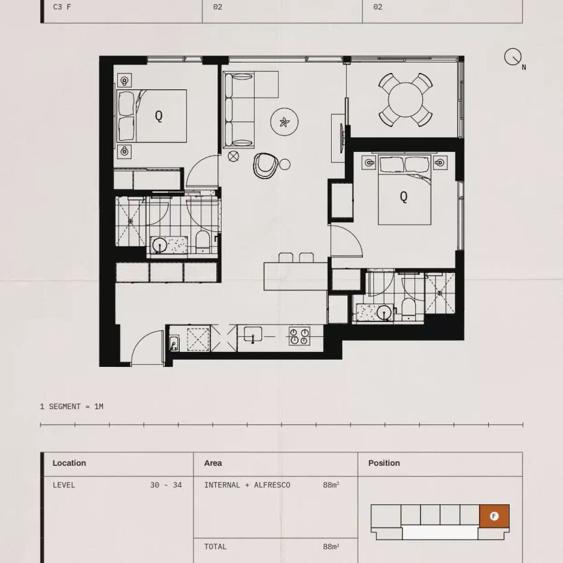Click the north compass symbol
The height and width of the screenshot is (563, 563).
(513, 57)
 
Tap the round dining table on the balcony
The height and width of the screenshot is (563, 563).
(405, 100)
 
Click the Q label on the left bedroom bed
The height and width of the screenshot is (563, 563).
(158, 116)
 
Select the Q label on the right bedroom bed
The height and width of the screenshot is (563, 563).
(403, 196)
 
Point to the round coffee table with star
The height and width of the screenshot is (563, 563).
(284, 121)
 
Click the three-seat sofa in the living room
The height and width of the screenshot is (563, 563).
(238, 109)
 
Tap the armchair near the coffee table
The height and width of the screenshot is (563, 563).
(265, 166)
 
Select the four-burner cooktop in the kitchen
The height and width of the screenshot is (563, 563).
(299, 336)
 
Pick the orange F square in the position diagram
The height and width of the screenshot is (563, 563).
(494, 516)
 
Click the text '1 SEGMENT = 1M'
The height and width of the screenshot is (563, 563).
(72, 407)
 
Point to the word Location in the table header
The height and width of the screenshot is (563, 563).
(69, 463)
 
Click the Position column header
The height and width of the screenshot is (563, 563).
(384, 463)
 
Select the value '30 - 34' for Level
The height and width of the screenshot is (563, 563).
(166, 485)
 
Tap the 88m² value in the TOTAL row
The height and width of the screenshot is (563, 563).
(330, 547)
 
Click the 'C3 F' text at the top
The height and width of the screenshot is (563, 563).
(62, 7)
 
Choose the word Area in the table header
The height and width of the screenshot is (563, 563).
(212, 463)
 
